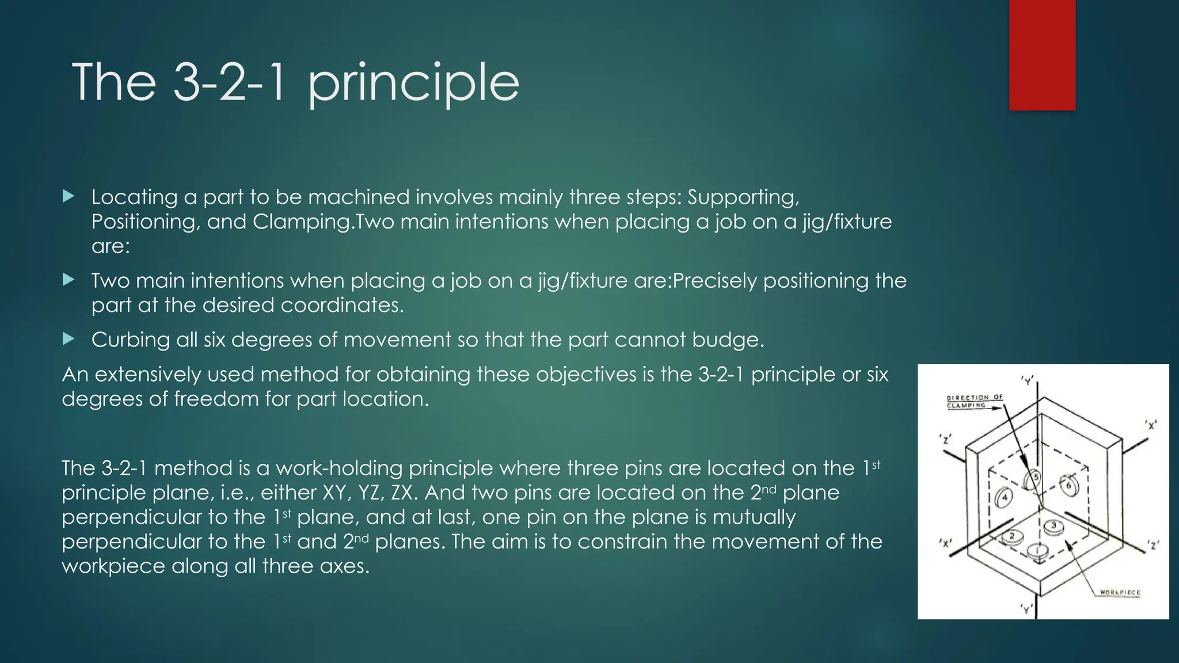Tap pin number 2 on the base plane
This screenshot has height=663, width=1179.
coord(1011,536)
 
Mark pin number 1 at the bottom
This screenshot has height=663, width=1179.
coord(1038,551)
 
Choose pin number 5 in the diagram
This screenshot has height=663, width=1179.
coord(1035,478)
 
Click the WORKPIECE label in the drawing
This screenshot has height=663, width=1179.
coord(1119,592)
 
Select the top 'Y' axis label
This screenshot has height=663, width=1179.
coord(1027,380)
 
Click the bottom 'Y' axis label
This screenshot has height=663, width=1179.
coord(1026,608)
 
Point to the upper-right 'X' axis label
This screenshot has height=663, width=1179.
coord(1151,425)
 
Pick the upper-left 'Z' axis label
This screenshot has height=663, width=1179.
coord(945,439)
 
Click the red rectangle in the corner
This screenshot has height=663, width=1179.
coord(1042,55)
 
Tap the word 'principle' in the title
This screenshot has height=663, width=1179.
coord(413,83)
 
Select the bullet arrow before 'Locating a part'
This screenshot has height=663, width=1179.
coord(69,197)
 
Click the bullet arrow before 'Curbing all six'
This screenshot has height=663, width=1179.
coord(69,339)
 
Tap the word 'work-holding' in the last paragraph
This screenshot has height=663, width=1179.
coord(339,468)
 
